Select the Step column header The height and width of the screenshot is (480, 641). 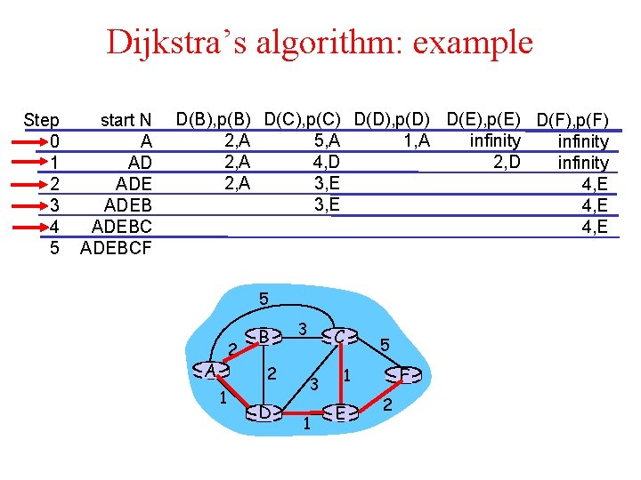[x=42, y=120]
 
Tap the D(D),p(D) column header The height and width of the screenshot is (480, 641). [x=392, y=118]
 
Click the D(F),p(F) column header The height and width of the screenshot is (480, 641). [x=572, y=120]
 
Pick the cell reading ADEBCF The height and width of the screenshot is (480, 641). [x=116, y=248]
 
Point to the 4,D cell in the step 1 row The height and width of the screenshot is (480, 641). [x=327, y=162]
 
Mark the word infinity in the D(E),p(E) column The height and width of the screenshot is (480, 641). [x=495, y=140]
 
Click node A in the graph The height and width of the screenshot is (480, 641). [x=211, y=370]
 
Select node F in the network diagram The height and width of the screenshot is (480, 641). [x=406, y=375]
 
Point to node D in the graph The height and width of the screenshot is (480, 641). [x=264, y=412]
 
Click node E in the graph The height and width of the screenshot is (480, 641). [x=340, y=412]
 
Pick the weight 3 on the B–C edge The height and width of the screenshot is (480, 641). [x=303, y=329]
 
